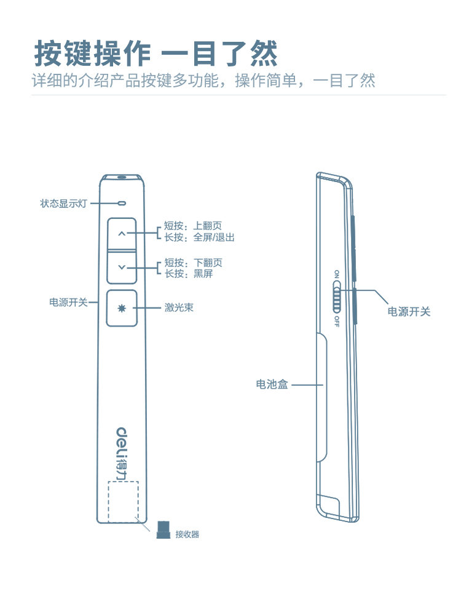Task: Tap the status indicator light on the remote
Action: click(x=122, y=202)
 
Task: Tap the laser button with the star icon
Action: click(x=122, y=307)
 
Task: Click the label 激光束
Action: click(x=179, y=307)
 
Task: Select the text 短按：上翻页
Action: click(x=192, y=226)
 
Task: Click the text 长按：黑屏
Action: click(x=188, y=274)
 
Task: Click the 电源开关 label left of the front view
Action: click(x=68, y=303)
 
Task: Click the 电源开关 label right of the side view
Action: click(x=409, y=312)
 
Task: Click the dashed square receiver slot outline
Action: click(x=123, y=501)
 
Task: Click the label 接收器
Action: click(x=187, y=534)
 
